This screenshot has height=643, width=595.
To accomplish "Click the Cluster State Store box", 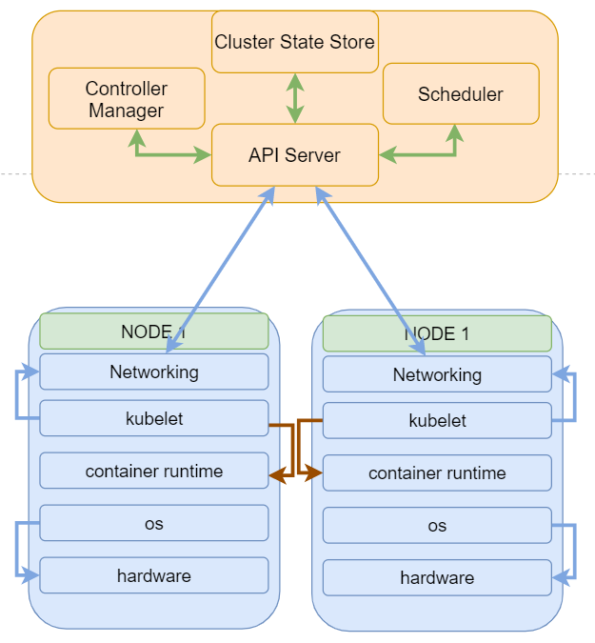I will pyautogui.click(x=294, y=42).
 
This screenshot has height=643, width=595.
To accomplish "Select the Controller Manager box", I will pyautogui.click(x=127, y=99).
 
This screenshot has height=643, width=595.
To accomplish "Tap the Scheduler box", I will pyautogui.click(x=461, y=94).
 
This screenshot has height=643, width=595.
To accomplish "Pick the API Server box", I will pyautogui.click(x=294, y=155).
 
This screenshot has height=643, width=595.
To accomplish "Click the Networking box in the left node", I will pyautogui.click(x=154, y=372).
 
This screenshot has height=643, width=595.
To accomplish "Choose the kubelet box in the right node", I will pyautogui.click(x=437, y=420).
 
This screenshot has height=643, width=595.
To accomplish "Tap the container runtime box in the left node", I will pyautogui.click(x=154, y=471).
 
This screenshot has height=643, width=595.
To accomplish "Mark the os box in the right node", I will pyautogui.click(x=437, y=526).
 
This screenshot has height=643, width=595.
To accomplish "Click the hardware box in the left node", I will pyautogui.click(x=154, y=575).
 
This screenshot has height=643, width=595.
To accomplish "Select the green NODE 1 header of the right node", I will pyautogui.click(x=437, y=334).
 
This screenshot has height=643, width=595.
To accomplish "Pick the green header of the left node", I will pyautogui.click(x=154, y=332).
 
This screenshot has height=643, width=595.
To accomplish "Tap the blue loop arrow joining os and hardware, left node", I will pyautogui.click(x=18, y=550).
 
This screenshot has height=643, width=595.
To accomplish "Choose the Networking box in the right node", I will pyautogui.click(x=437, y=374).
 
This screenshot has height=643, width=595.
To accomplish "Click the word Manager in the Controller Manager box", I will pyautogui.click(x=127, y=111).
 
